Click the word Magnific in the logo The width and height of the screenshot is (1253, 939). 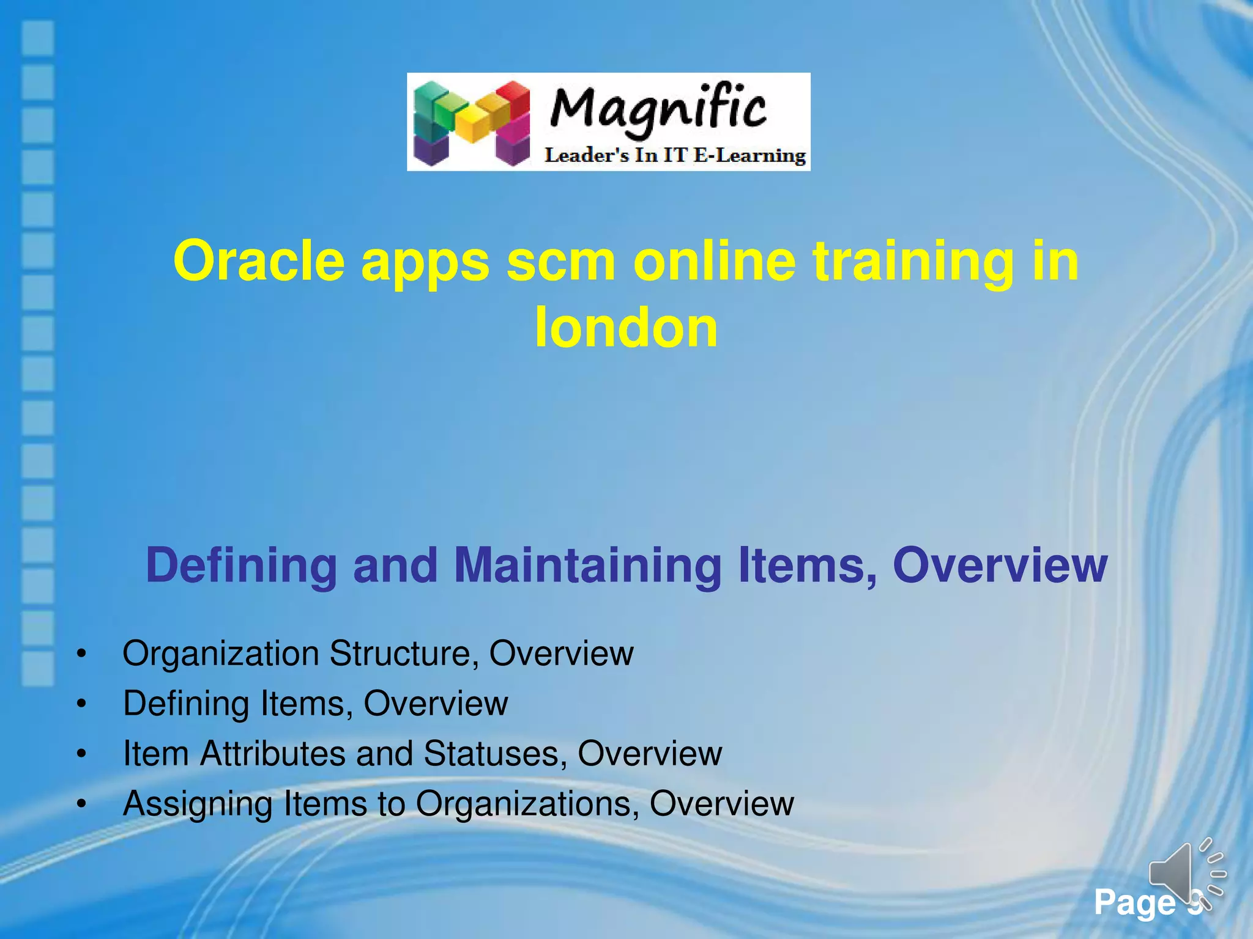(x=658, y=110)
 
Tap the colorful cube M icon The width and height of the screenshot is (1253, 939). (x=471, y=123)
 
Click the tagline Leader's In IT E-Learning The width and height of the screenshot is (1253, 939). (x=675, y=155)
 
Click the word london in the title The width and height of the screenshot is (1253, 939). (x=626, y=328)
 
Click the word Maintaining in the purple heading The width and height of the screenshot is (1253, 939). (x=588, y=565)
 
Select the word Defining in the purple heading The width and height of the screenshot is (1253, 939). (x=241, y=565)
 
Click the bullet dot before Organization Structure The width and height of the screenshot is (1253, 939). (x=81, y=655)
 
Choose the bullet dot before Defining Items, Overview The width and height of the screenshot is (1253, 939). (x=81, y=705)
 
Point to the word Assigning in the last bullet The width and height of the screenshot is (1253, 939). (x=197, y=805)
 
